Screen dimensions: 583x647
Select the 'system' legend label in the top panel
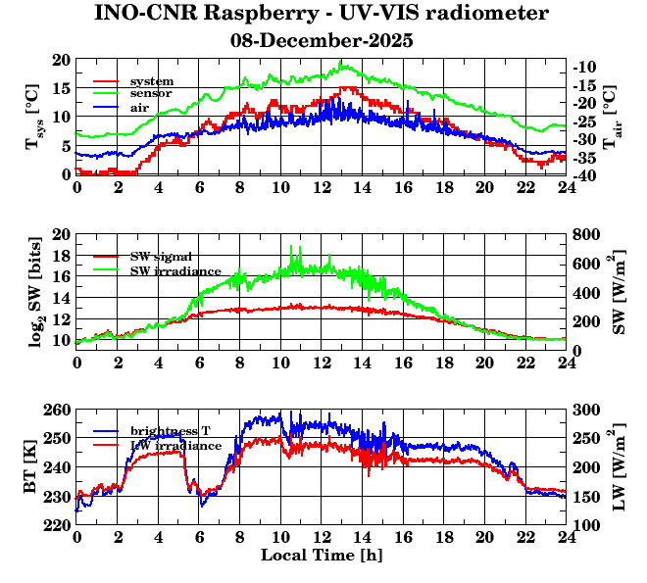152,80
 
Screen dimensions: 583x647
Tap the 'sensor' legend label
151,93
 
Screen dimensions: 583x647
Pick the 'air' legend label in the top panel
140,107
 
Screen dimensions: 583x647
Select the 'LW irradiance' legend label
174,446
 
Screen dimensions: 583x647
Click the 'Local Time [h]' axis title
321,556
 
